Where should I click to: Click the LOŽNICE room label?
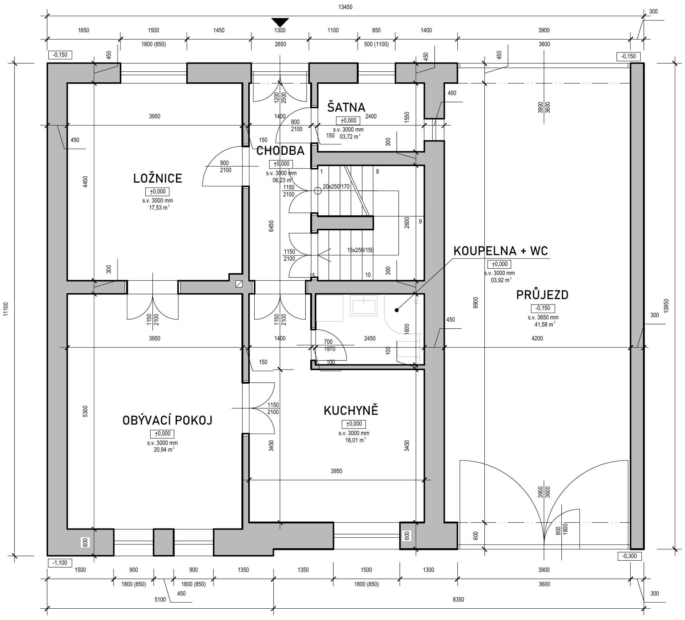pyautogui.click(x=158, y=178)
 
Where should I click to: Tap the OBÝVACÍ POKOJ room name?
pyautogui.click(x=167, y=420)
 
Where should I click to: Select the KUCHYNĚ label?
pyautogui.click(x=351, y=411)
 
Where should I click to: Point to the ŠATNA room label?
pyautogui.click(x=346, y=107)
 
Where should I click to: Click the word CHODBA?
pyautogui.click(x=280, y=151)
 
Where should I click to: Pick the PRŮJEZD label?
pyautogui.click(x=542, y=295)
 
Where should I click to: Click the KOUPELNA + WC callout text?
pyautogui.click(x=501, y=251)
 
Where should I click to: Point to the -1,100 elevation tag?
pyautogui.click(x=60, y=563)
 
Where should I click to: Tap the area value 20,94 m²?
pyautogui.click(x=163, y=449)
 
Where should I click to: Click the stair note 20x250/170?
pyautogui.click(x=336, y=187)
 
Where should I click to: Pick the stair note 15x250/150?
pyautogui.click(x=360, y=250)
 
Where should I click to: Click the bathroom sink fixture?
pyautogui.click(x=364, y=305)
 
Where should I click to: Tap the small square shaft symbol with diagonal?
pyautogui.click(x=239, y=284)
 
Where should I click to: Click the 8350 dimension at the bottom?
pyautogui.click(x=458, y=599)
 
